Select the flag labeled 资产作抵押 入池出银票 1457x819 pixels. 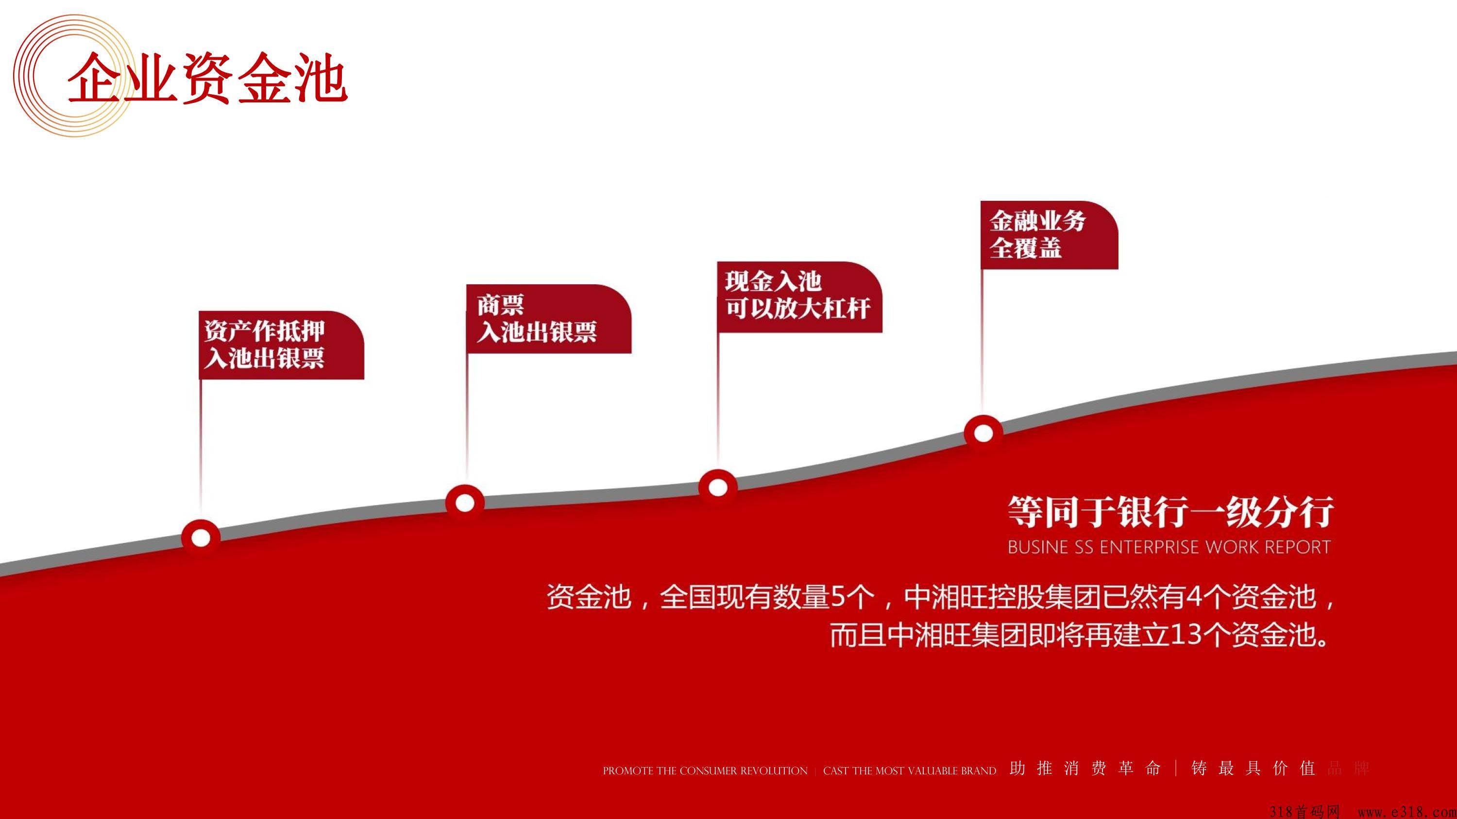(x=282, y=345)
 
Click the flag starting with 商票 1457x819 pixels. (x=549, y=319)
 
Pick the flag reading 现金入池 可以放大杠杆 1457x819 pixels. (x=800, y=297)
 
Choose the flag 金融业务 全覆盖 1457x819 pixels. (x=1049, y=234)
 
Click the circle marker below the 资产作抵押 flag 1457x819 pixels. (x=201, y=538)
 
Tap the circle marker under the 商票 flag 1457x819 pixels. (x=465, y=503)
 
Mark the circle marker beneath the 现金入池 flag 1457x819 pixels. (x=718, y=487)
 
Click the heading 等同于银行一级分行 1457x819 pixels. (x=1171, y=512)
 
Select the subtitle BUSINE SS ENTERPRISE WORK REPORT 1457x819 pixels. (x=1169, y=547)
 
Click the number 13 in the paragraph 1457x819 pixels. (x=1184, y=634)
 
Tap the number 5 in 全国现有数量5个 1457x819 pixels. (x=838, y=596)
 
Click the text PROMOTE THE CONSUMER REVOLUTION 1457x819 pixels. (x=705, y=771)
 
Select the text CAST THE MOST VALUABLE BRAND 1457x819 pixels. (x=910, y=771)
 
